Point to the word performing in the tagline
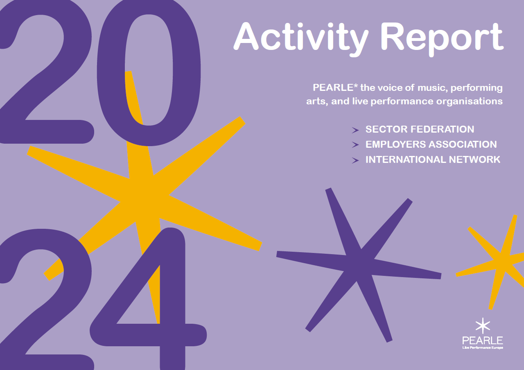pos(477,88)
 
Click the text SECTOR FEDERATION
pos(420,129)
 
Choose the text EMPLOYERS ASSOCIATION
pos(431,144)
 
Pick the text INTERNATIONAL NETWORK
pos(433,160)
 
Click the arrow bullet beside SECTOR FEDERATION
pos(355,130)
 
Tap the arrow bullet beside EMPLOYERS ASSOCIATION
pos(355,145)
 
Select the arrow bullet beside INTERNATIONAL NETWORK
pos(355,160)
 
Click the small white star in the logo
pos(483,325)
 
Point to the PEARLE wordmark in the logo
pos(483,340)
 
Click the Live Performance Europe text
pos(483,348)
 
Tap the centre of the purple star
pos(358,266)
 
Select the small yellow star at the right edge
pos(501,262)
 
